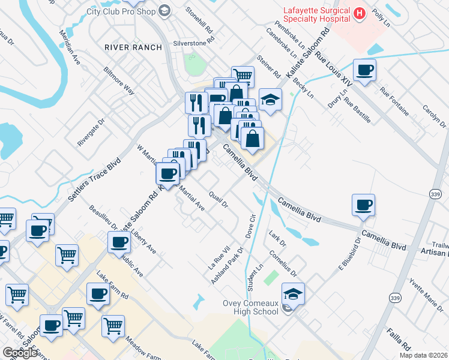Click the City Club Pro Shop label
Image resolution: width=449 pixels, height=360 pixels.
(120, 11)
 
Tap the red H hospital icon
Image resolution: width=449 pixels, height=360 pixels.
(360, 13)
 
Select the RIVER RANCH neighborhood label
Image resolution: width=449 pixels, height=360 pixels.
(133, 47)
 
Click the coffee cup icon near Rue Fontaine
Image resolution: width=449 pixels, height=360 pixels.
(364, 70)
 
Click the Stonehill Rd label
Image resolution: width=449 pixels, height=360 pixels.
(199, 20)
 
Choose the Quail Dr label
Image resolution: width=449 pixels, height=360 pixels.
(219, 199)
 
